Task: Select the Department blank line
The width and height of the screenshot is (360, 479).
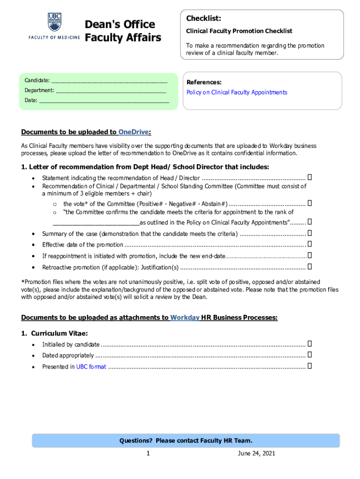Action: point(111,90)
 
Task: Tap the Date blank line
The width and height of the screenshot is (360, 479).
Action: point(104,100)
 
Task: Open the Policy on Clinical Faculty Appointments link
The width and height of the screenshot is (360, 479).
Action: point(237,93)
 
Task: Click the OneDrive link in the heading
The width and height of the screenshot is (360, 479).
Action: point(134,132)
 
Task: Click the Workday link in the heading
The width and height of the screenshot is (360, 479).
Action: point(185,318)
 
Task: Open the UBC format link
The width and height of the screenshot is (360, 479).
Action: point(91,367)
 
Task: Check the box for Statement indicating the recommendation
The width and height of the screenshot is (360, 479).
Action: point(310,178)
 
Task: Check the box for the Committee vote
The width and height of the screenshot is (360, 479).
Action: point(310,203)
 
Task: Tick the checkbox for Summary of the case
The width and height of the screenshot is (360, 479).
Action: point(310,233)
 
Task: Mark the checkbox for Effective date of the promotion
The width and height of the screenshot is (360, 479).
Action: point(310,244)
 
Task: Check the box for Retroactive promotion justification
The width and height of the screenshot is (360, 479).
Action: point(310,267)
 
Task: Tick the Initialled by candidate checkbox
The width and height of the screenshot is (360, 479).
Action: point(310,344)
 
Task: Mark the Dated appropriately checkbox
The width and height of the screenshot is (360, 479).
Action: point(310,356)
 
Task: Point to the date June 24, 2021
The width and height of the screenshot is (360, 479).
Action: point(256,454)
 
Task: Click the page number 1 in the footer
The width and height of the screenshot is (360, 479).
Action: point(148,454)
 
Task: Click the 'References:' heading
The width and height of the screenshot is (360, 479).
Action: point(204,82)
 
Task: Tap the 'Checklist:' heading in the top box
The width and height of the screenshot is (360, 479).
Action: point(203,18)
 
